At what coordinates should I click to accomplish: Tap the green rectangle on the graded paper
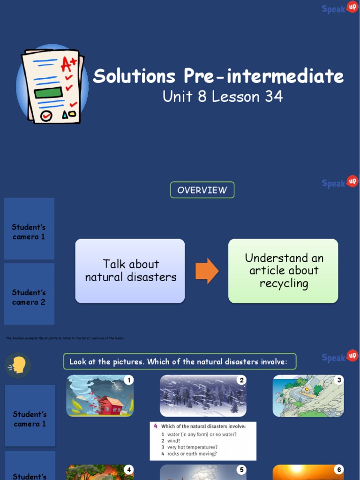[48, 92]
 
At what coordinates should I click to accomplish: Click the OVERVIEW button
[202, 190]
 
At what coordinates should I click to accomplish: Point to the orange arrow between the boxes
[207, 271]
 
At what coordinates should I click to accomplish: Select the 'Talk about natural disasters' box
[130, 271]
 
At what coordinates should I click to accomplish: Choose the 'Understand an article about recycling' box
[283, 271]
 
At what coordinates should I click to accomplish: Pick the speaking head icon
[18, 365]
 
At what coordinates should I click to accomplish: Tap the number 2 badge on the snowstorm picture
[242, 380]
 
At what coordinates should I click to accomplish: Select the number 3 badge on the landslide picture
[339, 380]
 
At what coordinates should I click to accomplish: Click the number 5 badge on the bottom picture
[242, 470]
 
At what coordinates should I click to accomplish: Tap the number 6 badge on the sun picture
[339, 470]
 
